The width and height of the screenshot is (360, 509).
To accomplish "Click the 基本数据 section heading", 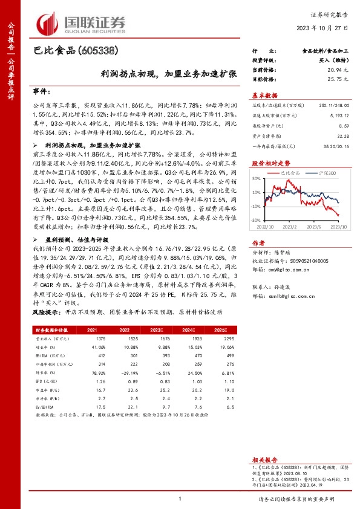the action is [x=264, y=96].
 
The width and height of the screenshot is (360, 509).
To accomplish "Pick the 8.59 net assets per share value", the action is [x=343, y=126].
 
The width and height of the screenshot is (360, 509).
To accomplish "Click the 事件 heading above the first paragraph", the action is [x=41, y=91].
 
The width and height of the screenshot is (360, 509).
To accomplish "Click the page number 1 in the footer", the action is [x=180, y=499].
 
